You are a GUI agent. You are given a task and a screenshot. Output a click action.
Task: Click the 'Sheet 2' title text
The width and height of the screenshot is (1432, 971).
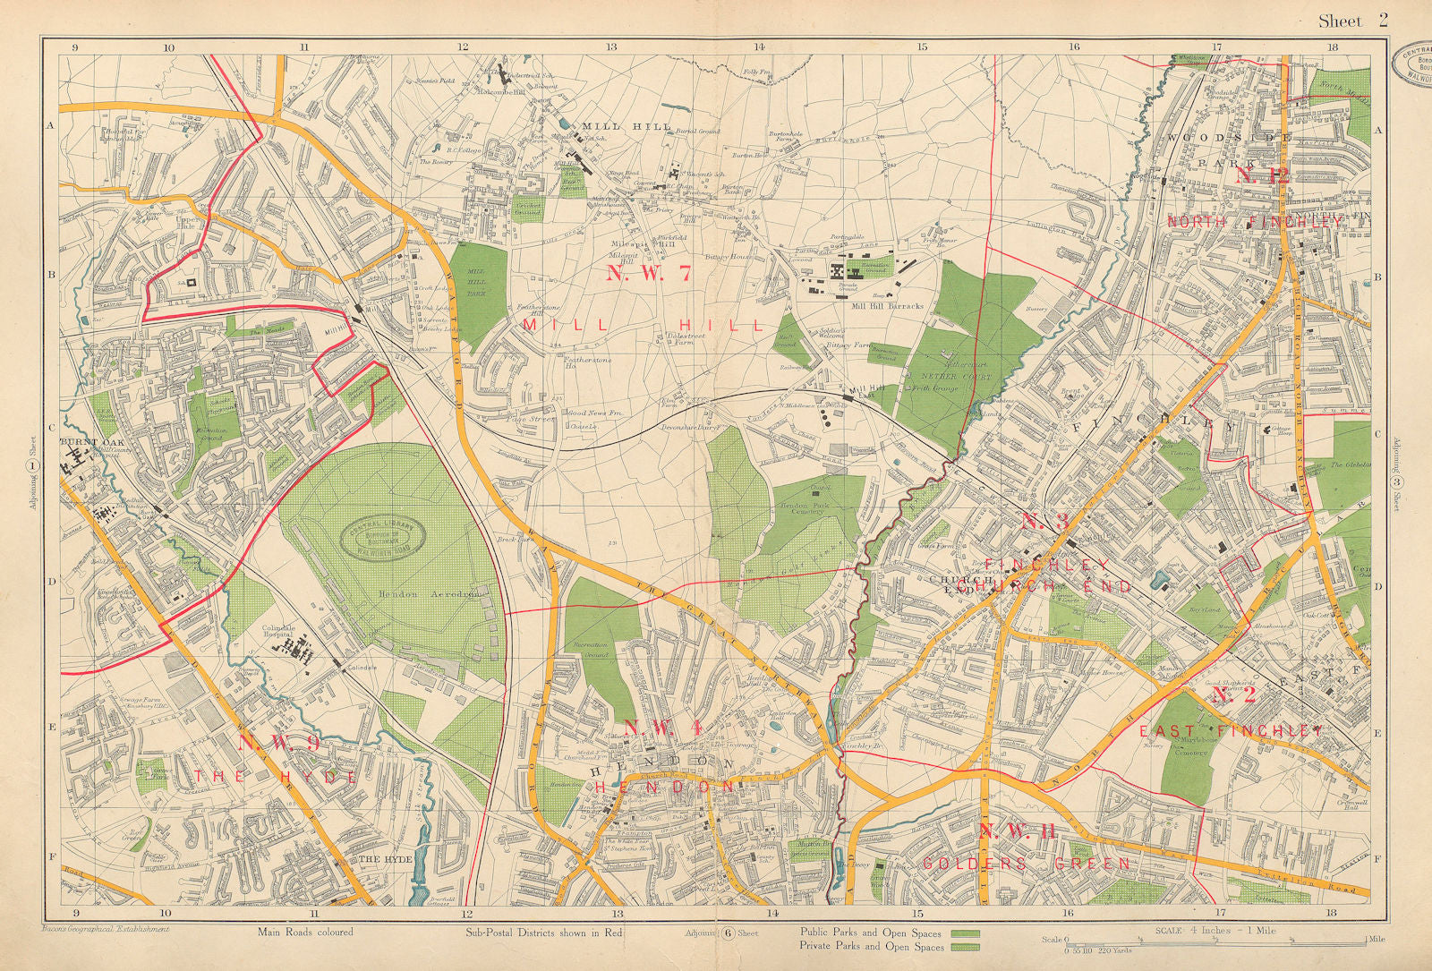click(x=1352, y=21)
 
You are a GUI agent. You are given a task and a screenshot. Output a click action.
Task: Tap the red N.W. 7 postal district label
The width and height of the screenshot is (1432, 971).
click(x=649, y=274)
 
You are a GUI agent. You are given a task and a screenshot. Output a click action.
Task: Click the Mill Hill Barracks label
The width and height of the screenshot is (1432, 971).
click(x=887, y=306)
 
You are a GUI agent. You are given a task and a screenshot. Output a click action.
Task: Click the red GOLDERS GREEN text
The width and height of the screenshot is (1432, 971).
click(x=1026, y=864)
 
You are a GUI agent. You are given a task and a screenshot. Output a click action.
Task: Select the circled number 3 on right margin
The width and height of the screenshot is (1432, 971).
click(x=1395, y=483)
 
